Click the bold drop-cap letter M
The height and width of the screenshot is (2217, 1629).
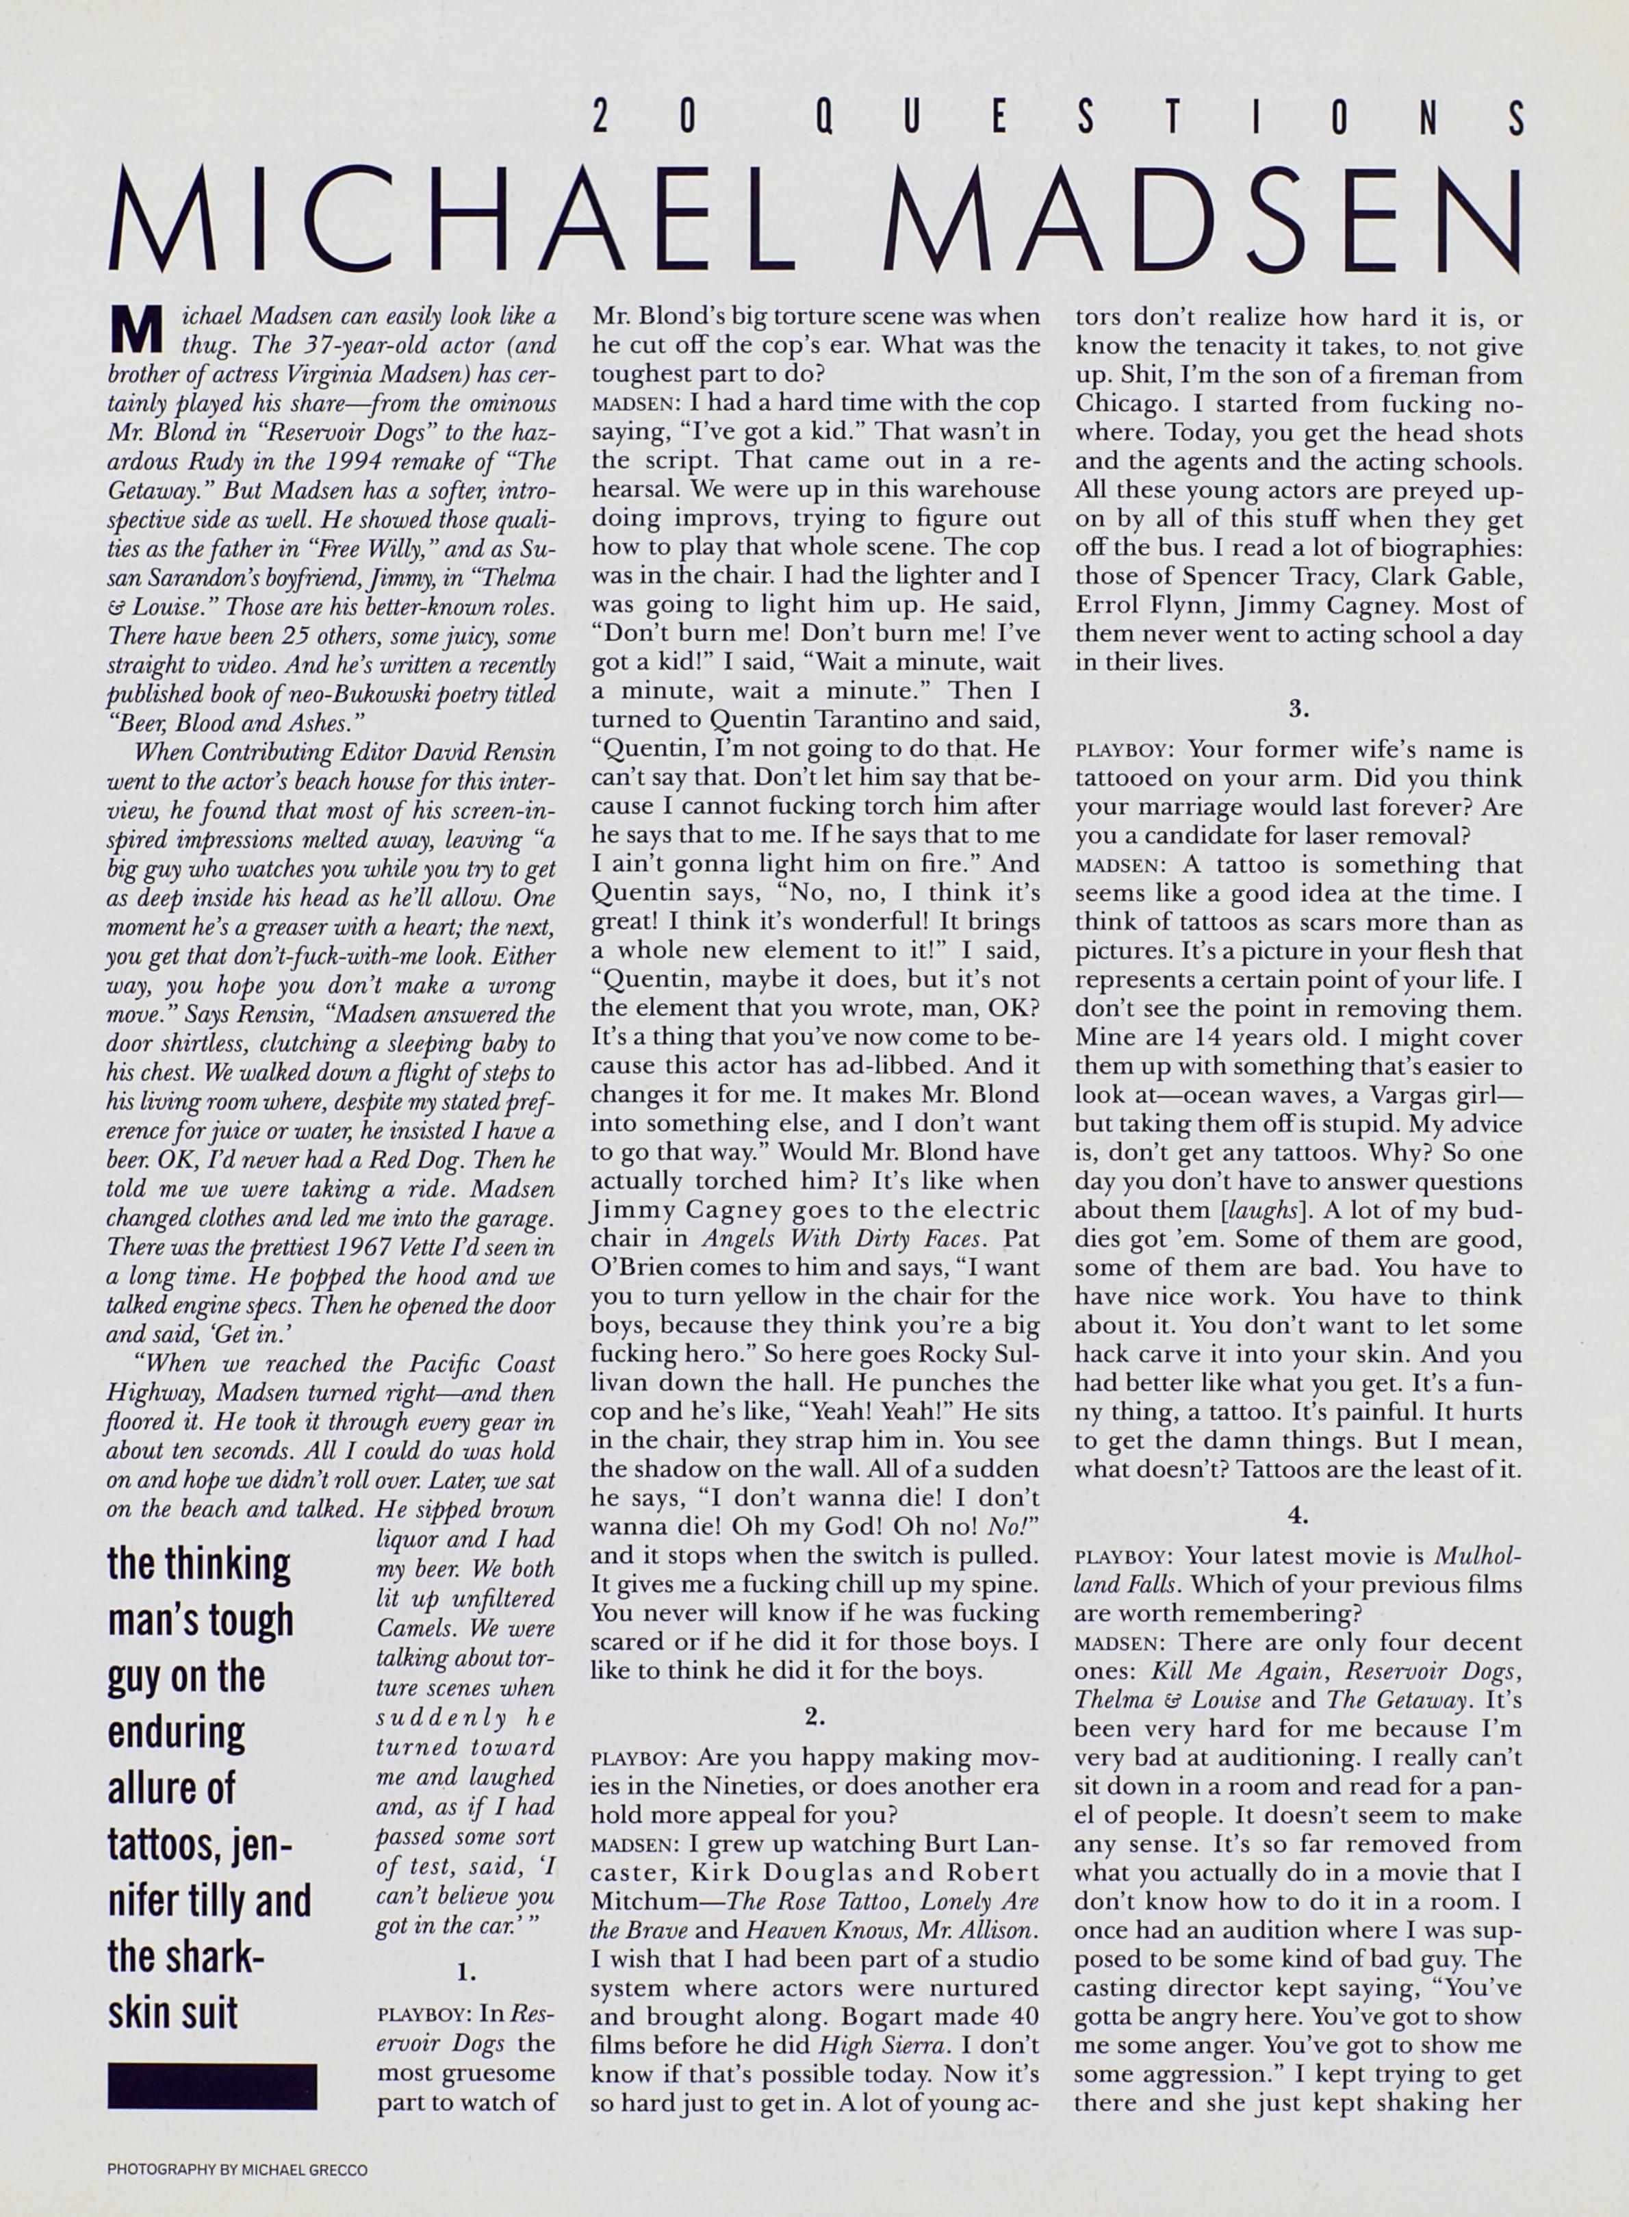pos(134,332)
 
